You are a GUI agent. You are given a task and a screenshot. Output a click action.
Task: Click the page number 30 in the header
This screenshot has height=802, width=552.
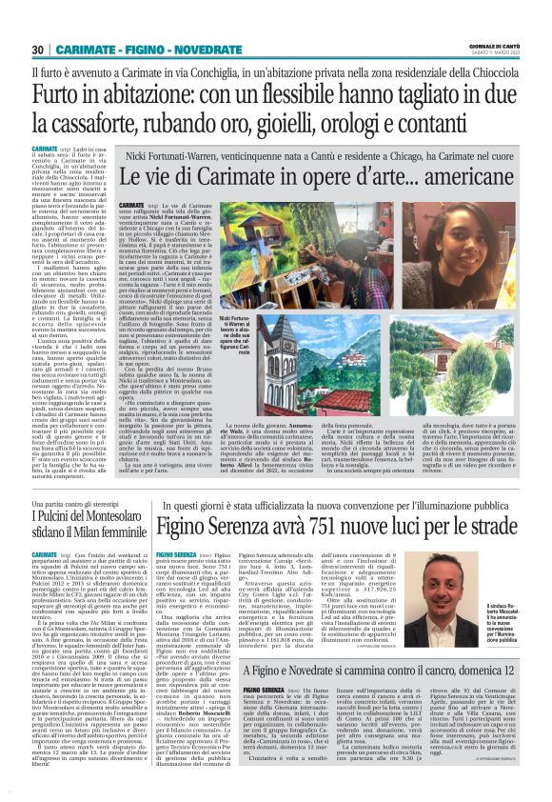[38, 50]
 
